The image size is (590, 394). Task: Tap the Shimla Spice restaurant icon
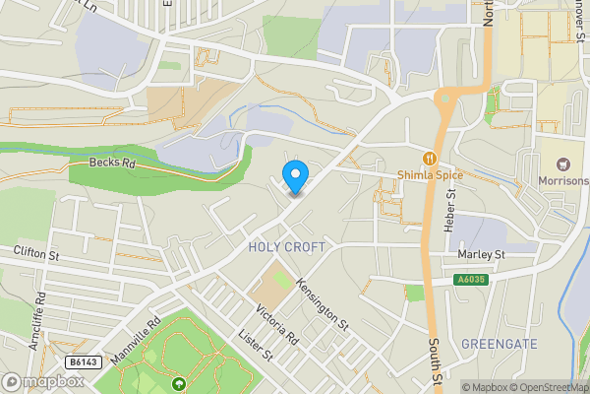coord(430,159)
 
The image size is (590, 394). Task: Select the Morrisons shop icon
coord(564,164)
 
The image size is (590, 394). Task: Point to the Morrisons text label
coord(563,181)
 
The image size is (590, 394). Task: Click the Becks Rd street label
coord(110,163)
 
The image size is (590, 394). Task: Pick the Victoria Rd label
coord(277,325)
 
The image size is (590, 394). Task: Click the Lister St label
coord(254,347)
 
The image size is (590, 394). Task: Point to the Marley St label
coord(481,254)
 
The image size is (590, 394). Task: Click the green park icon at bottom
coord(178,385)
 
